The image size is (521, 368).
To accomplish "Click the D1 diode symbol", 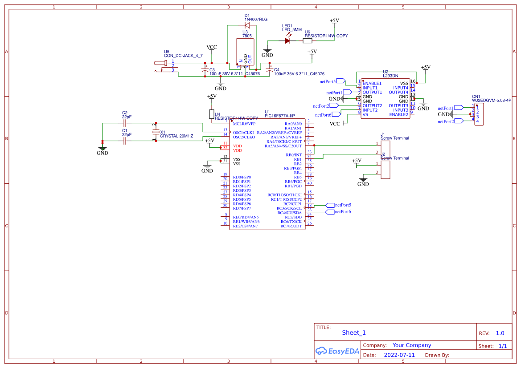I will [x=247, y=25].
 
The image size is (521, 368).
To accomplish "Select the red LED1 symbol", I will [x=287, y=40].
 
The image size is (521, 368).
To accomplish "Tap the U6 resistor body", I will [x=308, y=40].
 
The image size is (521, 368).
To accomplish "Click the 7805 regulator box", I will [x=245, y=53].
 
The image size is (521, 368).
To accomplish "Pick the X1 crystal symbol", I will [x=156, y=132].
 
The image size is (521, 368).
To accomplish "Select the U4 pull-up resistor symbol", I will [x=212, y=114].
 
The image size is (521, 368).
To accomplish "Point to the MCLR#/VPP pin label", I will [x=244, y=124].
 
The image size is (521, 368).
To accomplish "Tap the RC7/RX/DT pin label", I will [x=291, y=226].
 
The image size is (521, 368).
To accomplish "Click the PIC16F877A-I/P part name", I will [x=280, y=116].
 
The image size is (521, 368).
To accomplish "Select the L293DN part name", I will [x=390, y=76].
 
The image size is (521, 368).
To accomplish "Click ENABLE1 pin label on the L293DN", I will [x=372, y=83].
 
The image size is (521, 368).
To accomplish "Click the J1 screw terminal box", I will [x=386, y=149].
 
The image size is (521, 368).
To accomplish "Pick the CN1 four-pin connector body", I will [x=479, y=114].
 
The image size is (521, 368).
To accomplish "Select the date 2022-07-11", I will [x=399, y=355].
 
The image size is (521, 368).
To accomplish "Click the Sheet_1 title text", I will [x=354, y=332].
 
